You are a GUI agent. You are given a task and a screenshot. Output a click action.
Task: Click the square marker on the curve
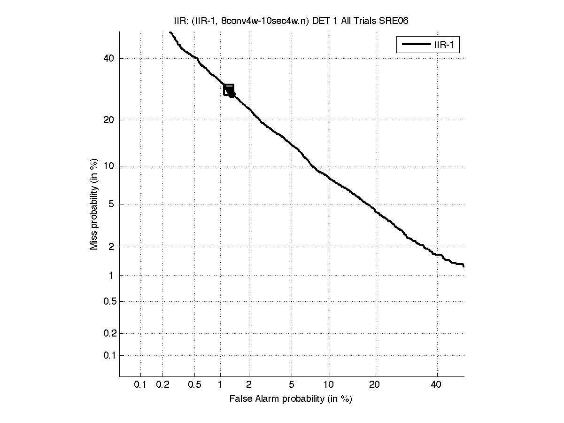(x=229, y=90)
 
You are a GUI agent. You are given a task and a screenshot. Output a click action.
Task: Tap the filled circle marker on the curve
(x=232, y=94)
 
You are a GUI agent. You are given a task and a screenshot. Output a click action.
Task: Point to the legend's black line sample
(x=415, y=45)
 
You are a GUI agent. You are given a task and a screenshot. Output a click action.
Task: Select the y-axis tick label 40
(x=108, y=59)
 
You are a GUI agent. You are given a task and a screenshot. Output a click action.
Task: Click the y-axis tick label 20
(x=108, y=120)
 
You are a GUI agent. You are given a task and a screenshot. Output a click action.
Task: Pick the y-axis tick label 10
(x=108, y=166)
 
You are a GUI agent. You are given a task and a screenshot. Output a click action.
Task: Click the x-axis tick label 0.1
(x=140, y=385)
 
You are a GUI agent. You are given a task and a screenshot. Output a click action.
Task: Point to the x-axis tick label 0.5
(x=194, y=385)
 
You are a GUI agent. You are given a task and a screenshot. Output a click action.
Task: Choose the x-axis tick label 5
(x=292, y=385)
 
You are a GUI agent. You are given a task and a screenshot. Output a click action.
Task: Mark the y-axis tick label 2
(x=111, y=247)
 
